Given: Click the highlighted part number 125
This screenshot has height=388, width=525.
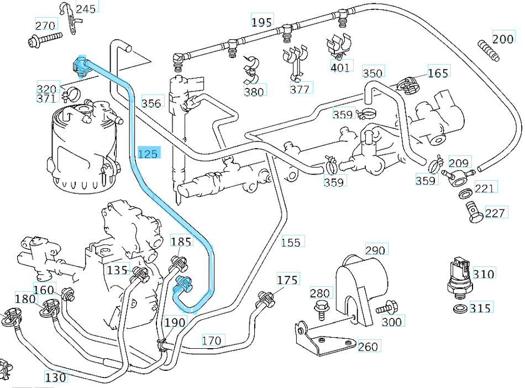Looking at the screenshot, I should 148,154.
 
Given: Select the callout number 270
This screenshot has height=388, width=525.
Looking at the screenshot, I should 45,25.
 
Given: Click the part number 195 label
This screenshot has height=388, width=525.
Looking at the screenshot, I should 261,22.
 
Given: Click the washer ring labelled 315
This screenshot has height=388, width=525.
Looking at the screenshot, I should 459,307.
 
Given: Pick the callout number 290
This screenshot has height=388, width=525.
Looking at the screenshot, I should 375,250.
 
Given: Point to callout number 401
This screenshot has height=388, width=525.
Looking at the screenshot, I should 340,67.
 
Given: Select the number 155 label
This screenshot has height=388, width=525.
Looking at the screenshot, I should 291,242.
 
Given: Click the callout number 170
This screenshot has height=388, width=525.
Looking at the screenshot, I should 212,340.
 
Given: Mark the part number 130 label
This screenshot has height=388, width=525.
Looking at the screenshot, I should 56,377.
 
